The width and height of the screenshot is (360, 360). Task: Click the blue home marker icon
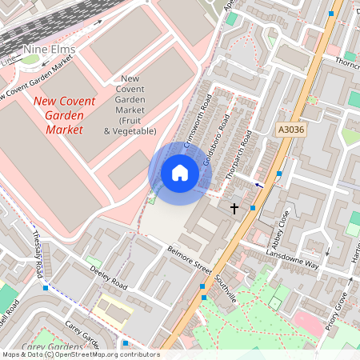[180, 172]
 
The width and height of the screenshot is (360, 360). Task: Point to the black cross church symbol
[234, 208]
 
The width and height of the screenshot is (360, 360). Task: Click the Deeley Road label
[110, 278]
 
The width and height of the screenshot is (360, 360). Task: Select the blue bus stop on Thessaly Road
[46, 287]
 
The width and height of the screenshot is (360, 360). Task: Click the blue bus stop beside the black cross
[253, 208]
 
